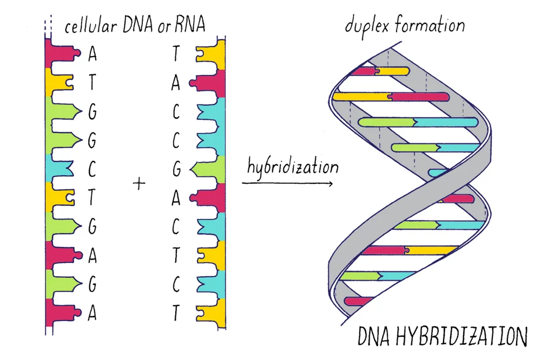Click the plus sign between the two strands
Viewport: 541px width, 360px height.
tap(139, 183)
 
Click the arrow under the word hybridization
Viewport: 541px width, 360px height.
tap(287, 183)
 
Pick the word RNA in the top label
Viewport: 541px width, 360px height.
tap(190, 24)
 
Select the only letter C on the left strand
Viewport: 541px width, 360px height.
tap(92, 169)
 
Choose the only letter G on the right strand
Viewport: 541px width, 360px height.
tap(176, 169)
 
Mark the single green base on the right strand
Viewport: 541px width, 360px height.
tap(208, 169)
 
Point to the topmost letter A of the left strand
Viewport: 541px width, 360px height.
tap(92, 54)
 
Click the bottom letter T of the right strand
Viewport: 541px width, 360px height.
tap(176, 313)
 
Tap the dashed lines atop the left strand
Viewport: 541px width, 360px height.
tap(48, 26)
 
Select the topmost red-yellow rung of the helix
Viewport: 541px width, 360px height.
tap(380, 71)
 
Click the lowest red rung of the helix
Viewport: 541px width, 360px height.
tap(359, 302)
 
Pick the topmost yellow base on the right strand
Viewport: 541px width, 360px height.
tap(211, 55)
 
